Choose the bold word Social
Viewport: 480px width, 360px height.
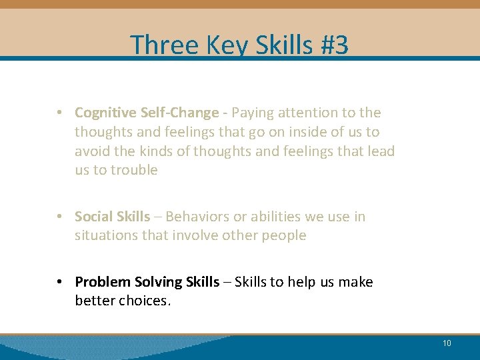point(94,217)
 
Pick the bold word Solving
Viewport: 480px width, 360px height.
point(157,282)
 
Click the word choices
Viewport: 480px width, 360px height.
point(145,301)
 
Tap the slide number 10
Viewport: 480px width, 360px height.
point(447,343)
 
